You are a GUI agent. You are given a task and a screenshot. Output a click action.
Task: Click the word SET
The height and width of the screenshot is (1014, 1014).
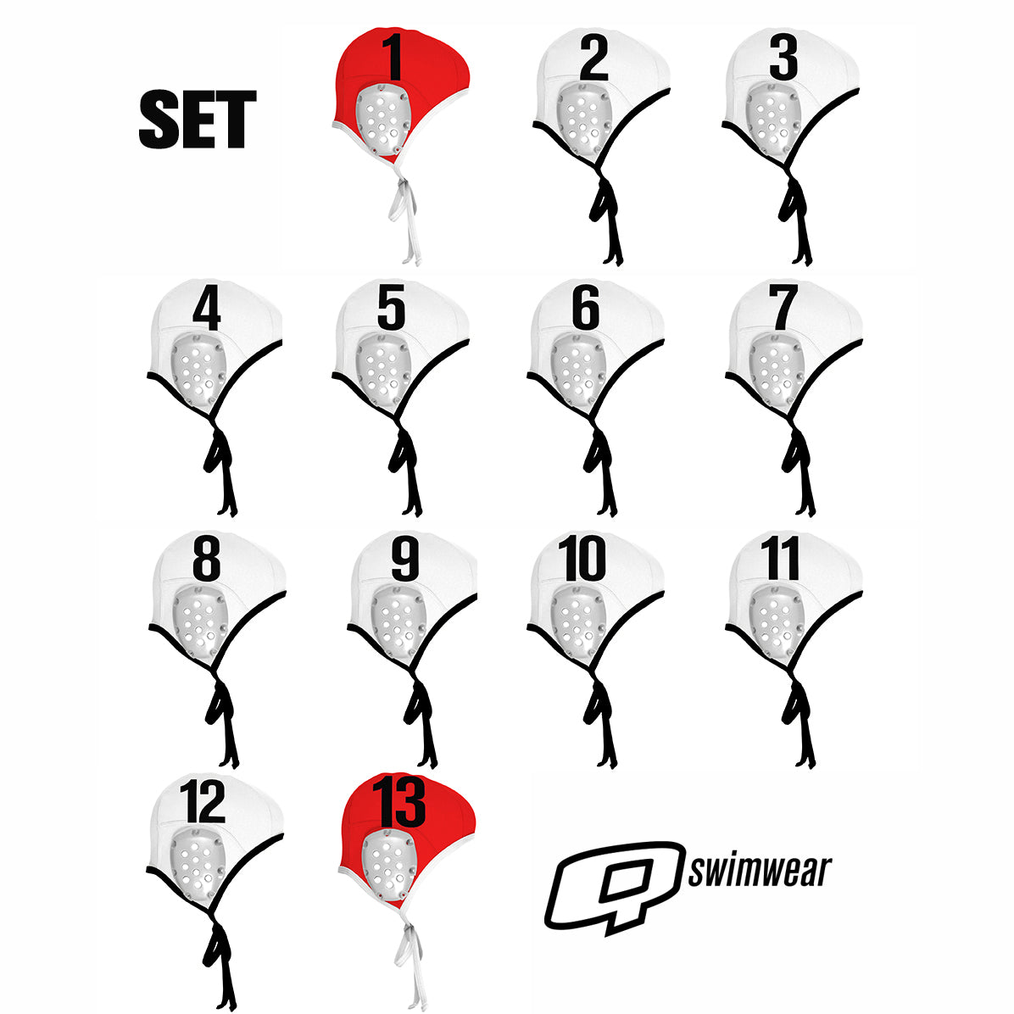coord(198,120)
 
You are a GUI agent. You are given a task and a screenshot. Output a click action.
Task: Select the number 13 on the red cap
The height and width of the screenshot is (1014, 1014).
coord(399,801)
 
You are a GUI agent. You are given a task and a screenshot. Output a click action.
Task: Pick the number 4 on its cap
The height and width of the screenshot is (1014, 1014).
coord(207,309)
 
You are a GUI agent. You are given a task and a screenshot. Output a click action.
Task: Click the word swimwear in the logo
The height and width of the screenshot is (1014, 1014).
coord(760,871)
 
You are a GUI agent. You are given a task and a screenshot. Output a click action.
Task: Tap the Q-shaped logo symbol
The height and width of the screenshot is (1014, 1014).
coord(615,887)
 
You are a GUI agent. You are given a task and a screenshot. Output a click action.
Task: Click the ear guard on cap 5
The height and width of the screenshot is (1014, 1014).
coord(383,370)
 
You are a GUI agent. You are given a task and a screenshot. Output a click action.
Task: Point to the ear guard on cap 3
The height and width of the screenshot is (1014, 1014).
coord(772,119)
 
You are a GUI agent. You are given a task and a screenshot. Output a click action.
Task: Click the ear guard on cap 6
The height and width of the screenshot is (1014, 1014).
coord(578,370)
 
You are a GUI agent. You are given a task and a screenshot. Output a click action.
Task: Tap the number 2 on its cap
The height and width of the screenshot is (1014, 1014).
coord(594,58)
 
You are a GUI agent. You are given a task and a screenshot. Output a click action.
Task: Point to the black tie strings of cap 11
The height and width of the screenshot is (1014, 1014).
coord(800,717)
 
